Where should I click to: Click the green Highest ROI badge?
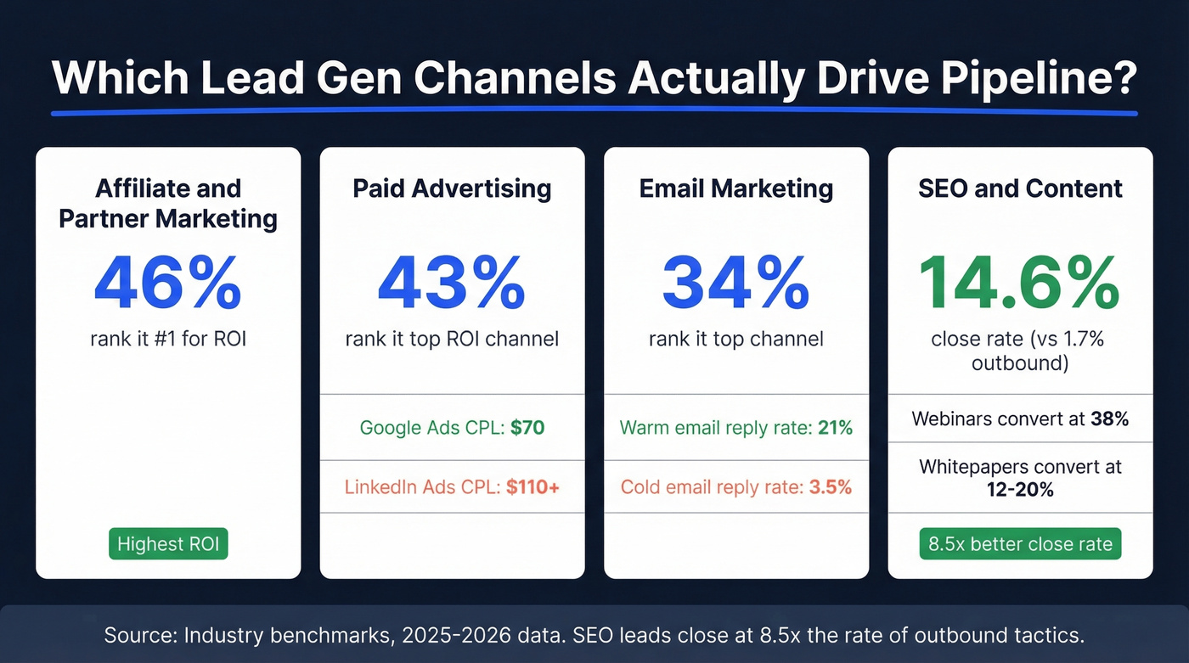point(168,544)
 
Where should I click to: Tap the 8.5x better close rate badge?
point(1020,544)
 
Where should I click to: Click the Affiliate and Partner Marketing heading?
point(168,203)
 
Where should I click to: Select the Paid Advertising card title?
point(452,188)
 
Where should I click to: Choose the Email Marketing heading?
point(735,188)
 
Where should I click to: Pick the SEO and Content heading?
point(1020,188)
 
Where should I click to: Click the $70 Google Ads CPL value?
point(527,428)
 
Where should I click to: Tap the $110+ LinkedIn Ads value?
point(533,487)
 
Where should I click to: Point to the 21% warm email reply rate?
point(834,428)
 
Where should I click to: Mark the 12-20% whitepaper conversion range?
point(1020,490)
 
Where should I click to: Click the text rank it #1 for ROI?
point(168,340)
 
